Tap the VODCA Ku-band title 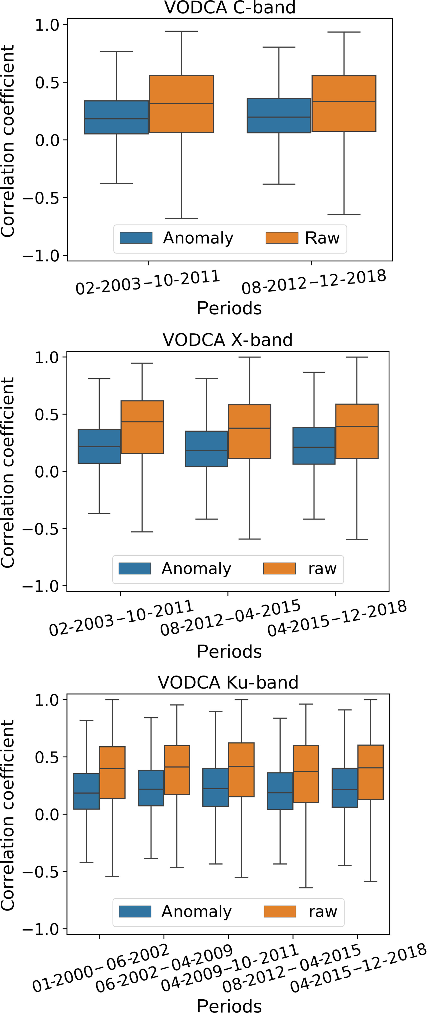(x=228, y=682)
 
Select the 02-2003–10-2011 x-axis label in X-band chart (x=121, y=618)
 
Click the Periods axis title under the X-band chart (x=229, y=652)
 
